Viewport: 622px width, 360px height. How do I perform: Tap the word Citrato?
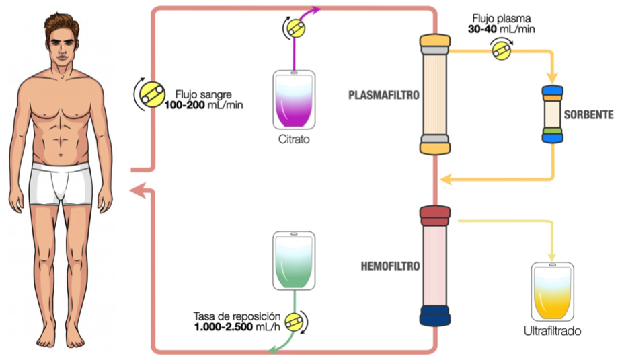pyautogui.click(x=295, y=139)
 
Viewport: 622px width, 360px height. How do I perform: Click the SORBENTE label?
pyautogui.click(x=588, y=114)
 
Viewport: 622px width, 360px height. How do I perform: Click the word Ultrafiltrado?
pyautogui.click(x=552, y=332)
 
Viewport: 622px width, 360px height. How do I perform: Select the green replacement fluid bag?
pyautogui.click(x=293, y=259)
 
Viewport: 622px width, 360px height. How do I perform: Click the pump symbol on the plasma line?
pyautogui.click(x=501, y=50)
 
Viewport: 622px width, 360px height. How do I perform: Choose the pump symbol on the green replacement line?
pyautogui.click(x=293, y=322)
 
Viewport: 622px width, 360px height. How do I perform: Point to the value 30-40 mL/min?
pyautogui.click(x=502, y=29)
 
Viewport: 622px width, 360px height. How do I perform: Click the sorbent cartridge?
pyautogui.click(x=552, y=114)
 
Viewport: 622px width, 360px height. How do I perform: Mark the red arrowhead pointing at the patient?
pyautogui.click(x=137, y=190)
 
